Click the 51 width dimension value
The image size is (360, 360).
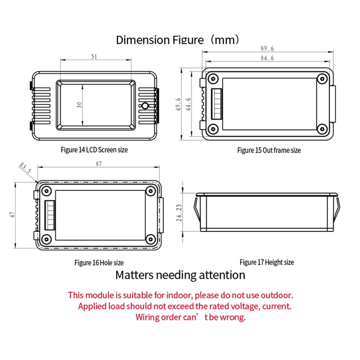(x=94, y=57)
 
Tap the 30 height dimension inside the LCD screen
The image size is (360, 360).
(x=79, y=105)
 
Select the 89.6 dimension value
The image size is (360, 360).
(x=267, y=49)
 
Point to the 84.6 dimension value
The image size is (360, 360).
(x=267, y=58)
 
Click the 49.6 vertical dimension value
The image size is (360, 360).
(x=178, y=104)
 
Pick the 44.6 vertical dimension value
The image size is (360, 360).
(x=188, y=104)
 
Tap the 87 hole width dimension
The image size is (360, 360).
(x=99, y=164)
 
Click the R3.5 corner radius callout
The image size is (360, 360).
(x=25, y=168)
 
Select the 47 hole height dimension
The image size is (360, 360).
(x=12, y=215)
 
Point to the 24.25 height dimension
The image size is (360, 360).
(x=179, y=213)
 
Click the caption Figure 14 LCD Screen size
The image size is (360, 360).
(x=94, y=150)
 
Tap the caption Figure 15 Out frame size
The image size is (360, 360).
(x=269, y=150)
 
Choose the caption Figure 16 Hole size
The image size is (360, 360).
(x=99, y=262)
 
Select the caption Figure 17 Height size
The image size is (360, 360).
(x=267, y=262)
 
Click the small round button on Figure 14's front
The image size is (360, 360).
(x=145, y=106)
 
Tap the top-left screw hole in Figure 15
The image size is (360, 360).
(x=213, y=79)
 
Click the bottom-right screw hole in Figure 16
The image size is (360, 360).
(x=151, y=239)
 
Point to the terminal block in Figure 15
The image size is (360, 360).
(x=216, y=104)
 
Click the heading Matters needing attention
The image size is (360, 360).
(x=180, y=275)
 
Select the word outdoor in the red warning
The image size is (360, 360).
(x=277, y=295)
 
